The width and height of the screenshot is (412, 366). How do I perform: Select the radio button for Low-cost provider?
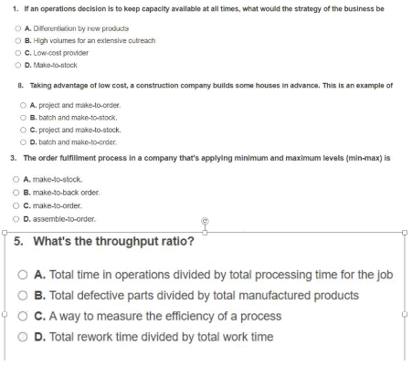coord(18,54)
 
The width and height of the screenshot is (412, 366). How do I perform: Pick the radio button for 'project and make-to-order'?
coord(22,105)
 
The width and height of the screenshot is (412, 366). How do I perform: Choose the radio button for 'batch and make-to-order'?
coord(22,142)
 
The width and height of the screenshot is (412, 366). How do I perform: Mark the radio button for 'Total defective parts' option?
coord(23,296)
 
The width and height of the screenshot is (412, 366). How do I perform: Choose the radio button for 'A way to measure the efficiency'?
coord(23,317)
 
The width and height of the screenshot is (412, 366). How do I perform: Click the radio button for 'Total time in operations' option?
coord(23,275)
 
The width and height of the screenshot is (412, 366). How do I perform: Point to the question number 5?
coord(19,242)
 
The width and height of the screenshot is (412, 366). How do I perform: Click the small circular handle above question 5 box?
coord(206,221)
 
